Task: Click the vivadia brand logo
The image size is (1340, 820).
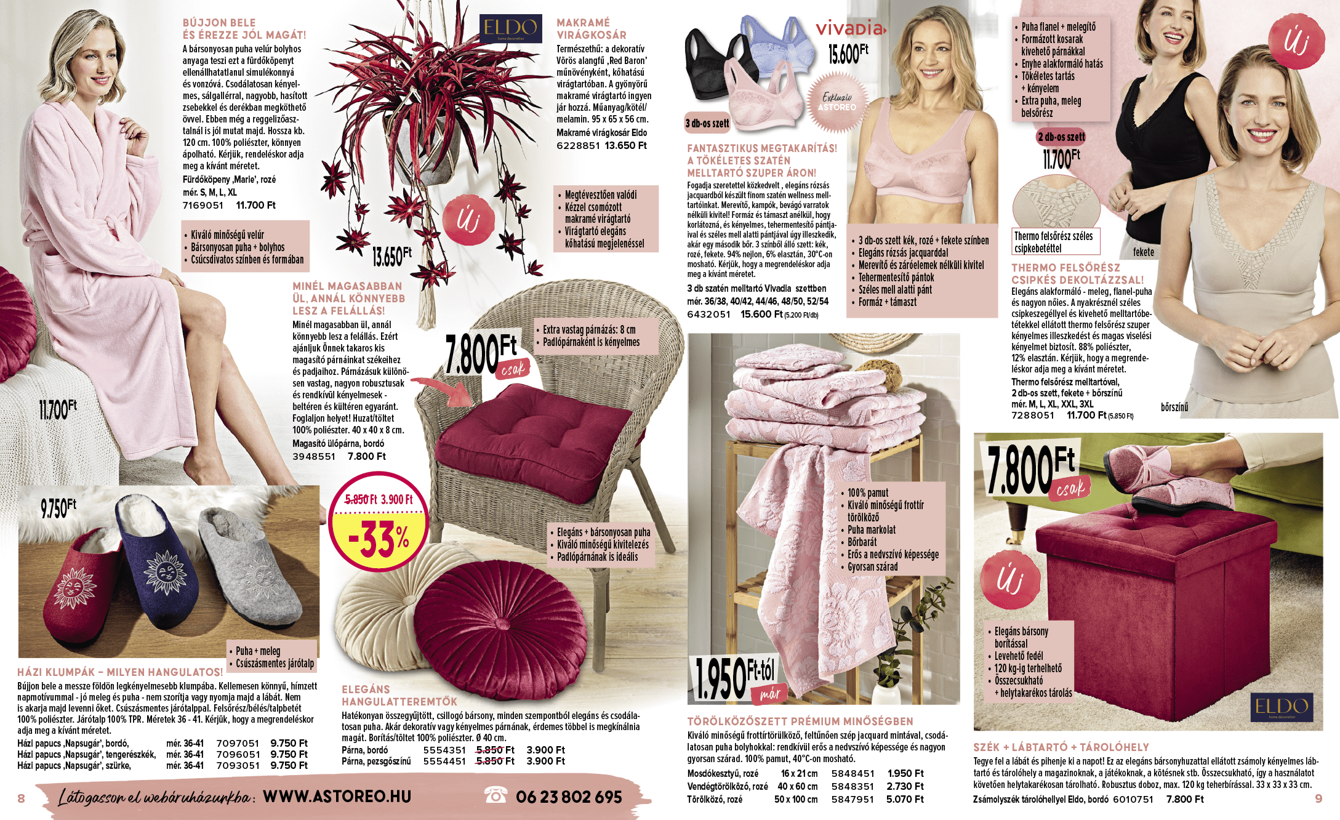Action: (x=850, y=28)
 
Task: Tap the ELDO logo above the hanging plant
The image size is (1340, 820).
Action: (x=510, y=28)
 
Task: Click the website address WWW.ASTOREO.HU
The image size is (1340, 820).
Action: (x=337, y=796)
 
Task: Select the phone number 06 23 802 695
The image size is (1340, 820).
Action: (x=569, y=797)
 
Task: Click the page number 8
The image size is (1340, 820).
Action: (x=22, y=798)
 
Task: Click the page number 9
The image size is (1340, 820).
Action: (x=1318, y=798)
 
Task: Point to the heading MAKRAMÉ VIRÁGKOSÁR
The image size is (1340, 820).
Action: (x=591, y=29)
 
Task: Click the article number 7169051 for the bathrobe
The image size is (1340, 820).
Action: (x=203, y=206)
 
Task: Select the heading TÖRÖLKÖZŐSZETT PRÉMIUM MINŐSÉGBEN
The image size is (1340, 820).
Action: (x=800, y=721)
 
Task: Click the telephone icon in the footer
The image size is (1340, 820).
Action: (x=495, y=795)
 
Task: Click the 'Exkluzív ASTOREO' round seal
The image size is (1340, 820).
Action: (x=837, y=102)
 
